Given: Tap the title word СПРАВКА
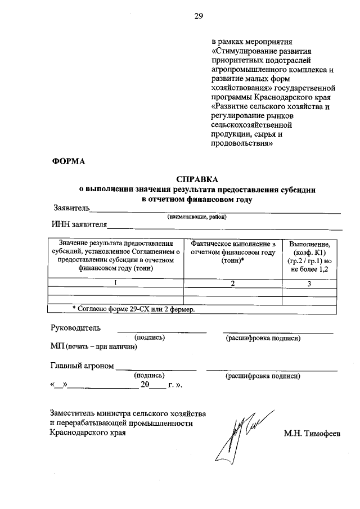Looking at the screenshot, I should [x=196, y=179].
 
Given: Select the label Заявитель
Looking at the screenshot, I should [x=71, y=208].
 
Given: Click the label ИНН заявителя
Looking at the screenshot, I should [x=79, y=226].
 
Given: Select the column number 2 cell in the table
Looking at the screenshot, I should [x=232, y=283].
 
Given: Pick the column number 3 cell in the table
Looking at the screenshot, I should [x=309, y=283].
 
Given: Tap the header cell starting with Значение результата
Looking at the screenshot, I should [x=116, y=256].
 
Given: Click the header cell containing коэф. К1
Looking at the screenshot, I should [x=309, y=257].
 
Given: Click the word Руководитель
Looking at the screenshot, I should [x=75, y=327].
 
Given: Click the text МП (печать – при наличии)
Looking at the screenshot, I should [x=94, y=346].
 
